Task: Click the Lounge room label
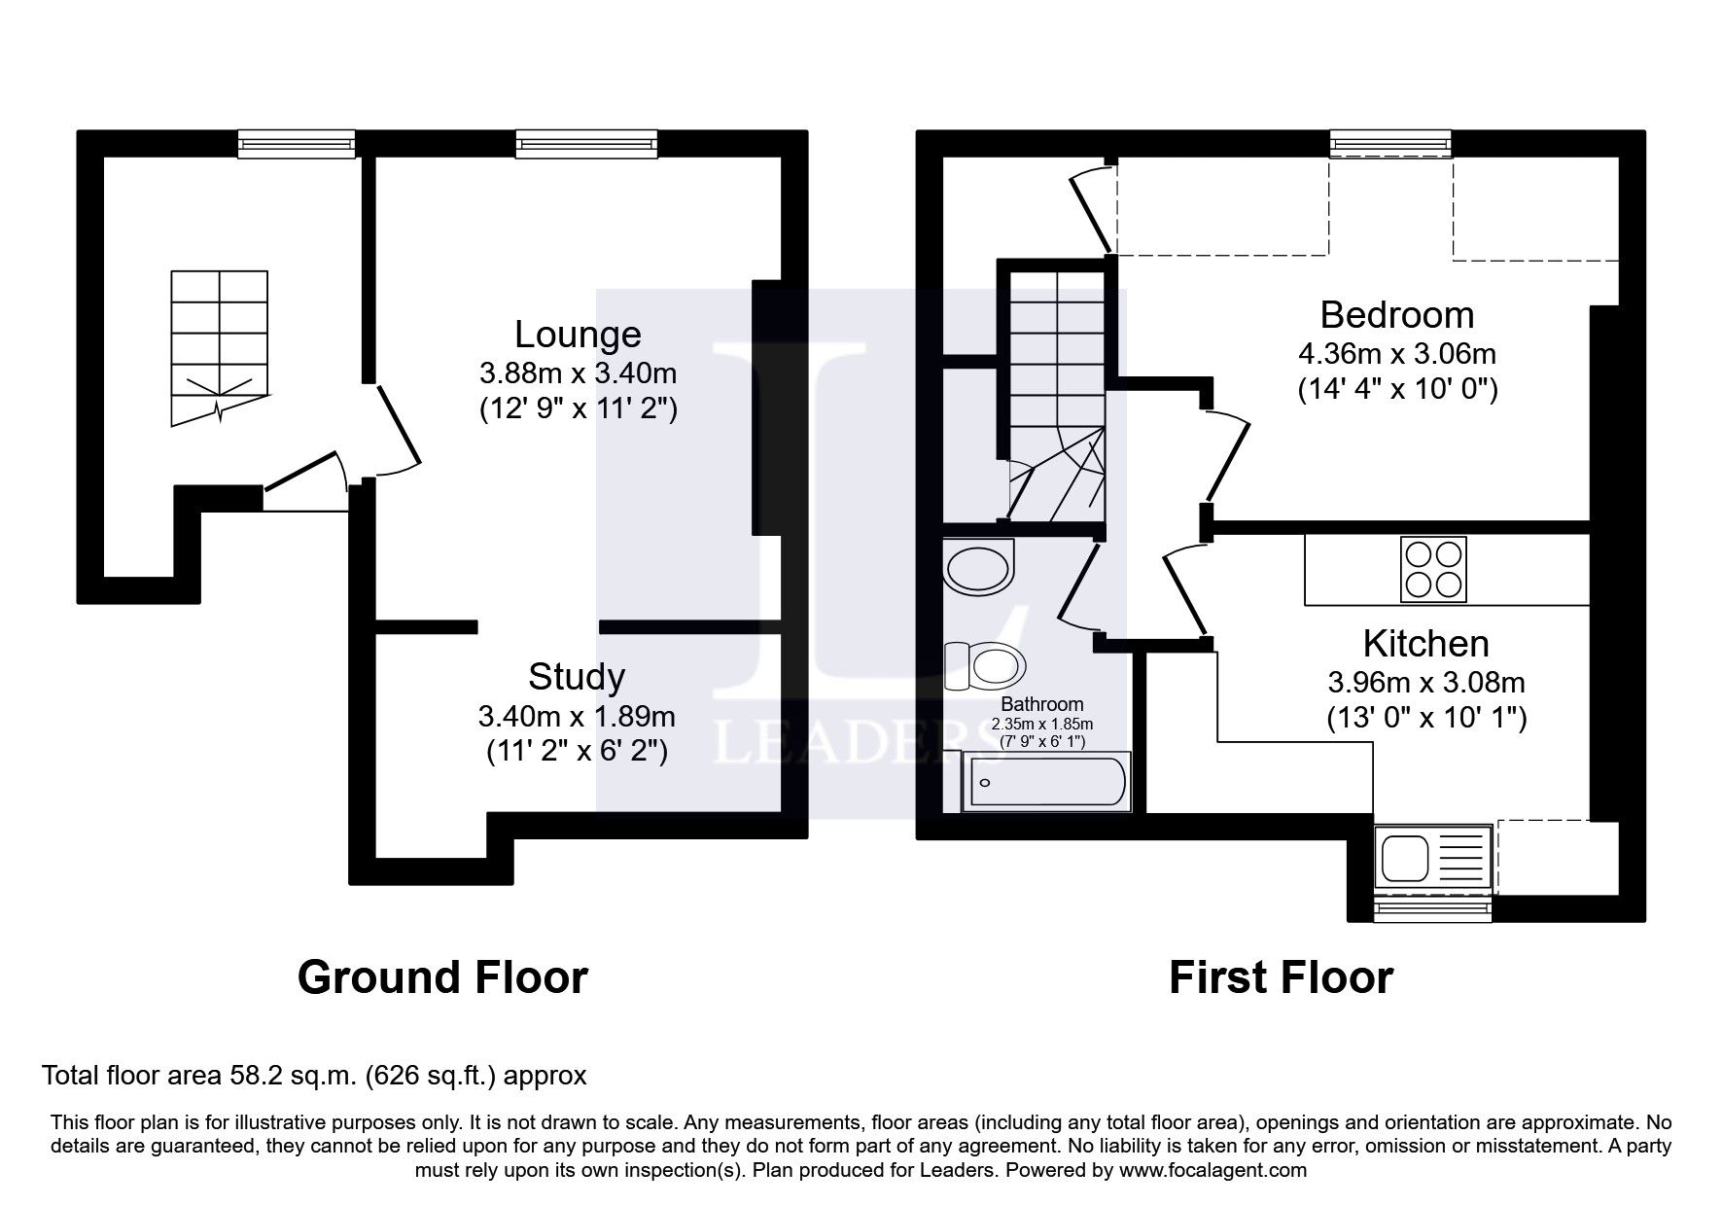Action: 578,335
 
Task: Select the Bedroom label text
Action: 1396,315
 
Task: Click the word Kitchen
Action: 1425,644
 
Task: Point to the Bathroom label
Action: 1041,704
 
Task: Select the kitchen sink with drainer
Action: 1433,860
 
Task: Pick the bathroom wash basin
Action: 980,567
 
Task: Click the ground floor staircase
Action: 220,345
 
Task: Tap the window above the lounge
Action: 584,144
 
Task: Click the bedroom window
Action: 1391,144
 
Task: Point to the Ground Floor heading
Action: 442,977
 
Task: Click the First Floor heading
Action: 1280,977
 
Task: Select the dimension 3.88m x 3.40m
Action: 578,372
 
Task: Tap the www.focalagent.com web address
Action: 1212,1170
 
